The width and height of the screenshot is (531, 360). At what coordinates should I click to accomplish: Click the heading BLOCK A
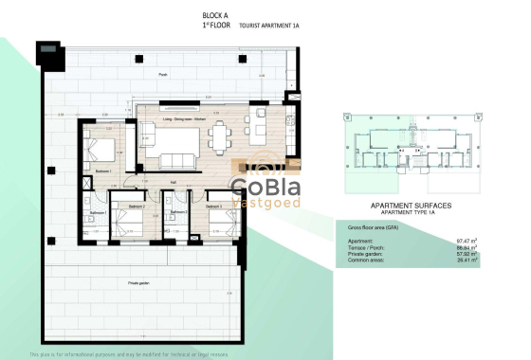tap(215, 15)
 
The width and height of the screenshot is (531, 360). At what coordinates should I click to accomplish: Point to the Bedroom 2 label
tap(137, 207)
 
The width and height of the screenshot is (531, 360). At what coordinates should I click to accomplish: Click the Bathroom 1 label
tap(97, 213)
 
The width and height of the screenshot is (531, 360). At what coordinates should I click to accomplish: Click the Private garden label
tap(140, 282)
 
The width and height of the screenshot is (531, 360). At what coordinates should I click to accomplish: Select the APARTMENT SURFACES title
tap(409, 205)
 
